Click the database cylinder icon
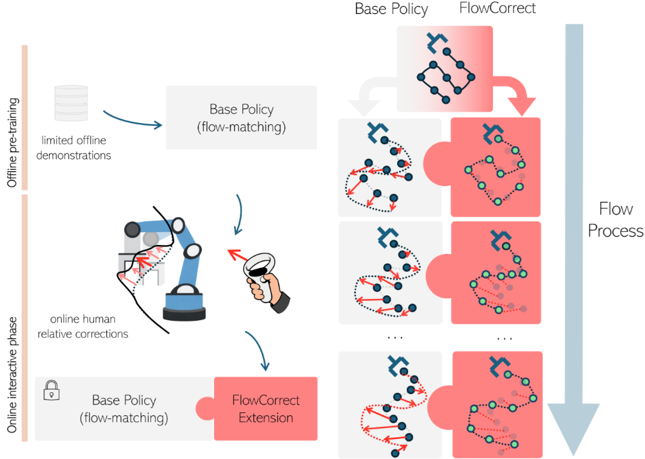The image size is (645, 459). (72, 104)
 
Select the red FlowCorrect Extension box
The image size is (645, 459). (266, 409)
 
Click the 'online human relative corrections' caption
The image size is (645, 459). (82, 326)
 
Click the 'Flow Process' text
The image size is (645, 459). (615, 219)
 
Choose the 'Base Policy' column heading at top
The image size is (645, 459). (392, 9)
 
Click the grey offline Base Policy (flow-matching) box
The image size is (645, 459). (241, 118)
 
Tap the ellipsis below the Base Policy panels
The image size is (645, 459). (395, 337)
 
